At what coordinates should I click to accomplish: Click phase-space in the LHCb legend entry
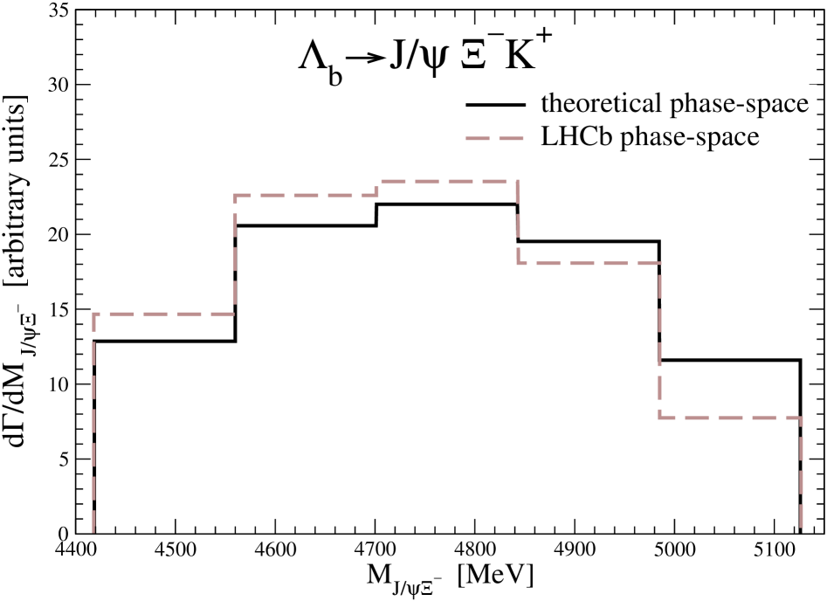[x=690, y=138]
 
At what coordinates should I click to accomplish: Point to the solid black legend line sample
[x=495, y=105]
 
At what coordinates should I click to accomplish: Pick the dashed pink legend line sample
[x=495, y=138]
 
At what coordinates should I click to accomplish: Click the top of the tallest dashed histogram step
[x=447, y=182]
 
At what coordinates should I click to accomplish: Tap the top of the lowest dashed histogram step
[x=730, y=418]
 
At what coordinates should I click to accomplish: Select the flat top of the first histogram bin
[x=164, y=314]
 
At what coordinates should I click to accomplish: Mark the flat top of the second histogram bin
[x=306, y=195]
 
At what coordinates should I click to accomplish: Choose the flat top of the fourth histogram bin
[x=589, y=263]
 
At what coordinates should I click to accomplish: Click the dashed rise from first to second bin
[x=235, y=253]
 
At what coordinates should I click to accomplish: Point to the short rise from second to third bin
[x=377, y=188]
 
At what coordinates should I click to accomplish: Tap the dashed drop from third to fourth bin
[x=518, y=223]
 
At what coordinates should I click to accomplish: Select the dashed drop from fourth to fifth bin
[x=660, y=341]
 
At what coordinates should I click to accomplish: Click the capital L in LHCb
[x=549, y=137]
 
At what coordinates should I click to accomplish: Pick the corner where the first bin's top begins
[x=93, y=314]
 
